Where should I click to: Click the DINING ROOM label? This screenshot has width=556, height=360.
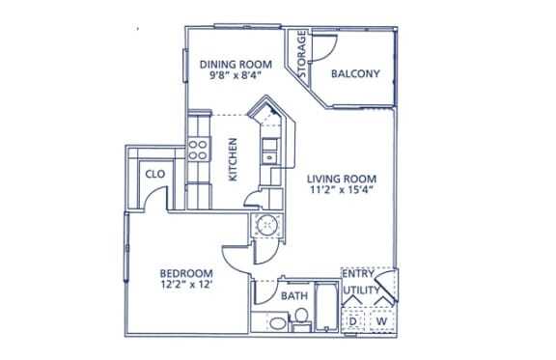click(236, 65)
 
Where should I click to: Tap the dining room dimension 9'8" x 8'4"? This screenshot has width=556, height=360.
click(236, 79)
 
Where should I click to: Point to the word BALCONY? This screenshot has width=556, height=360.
click(354, 73)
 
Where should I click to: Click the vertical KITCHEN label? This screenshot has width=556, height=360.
click(233, 158)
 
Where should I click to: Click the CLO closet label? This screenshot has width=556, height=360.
click(153, 175)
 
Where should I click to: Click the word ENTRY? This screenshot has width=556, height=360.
click(358, 275)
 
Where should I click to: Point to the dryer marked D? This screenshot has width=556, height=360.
click(355, 319)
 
